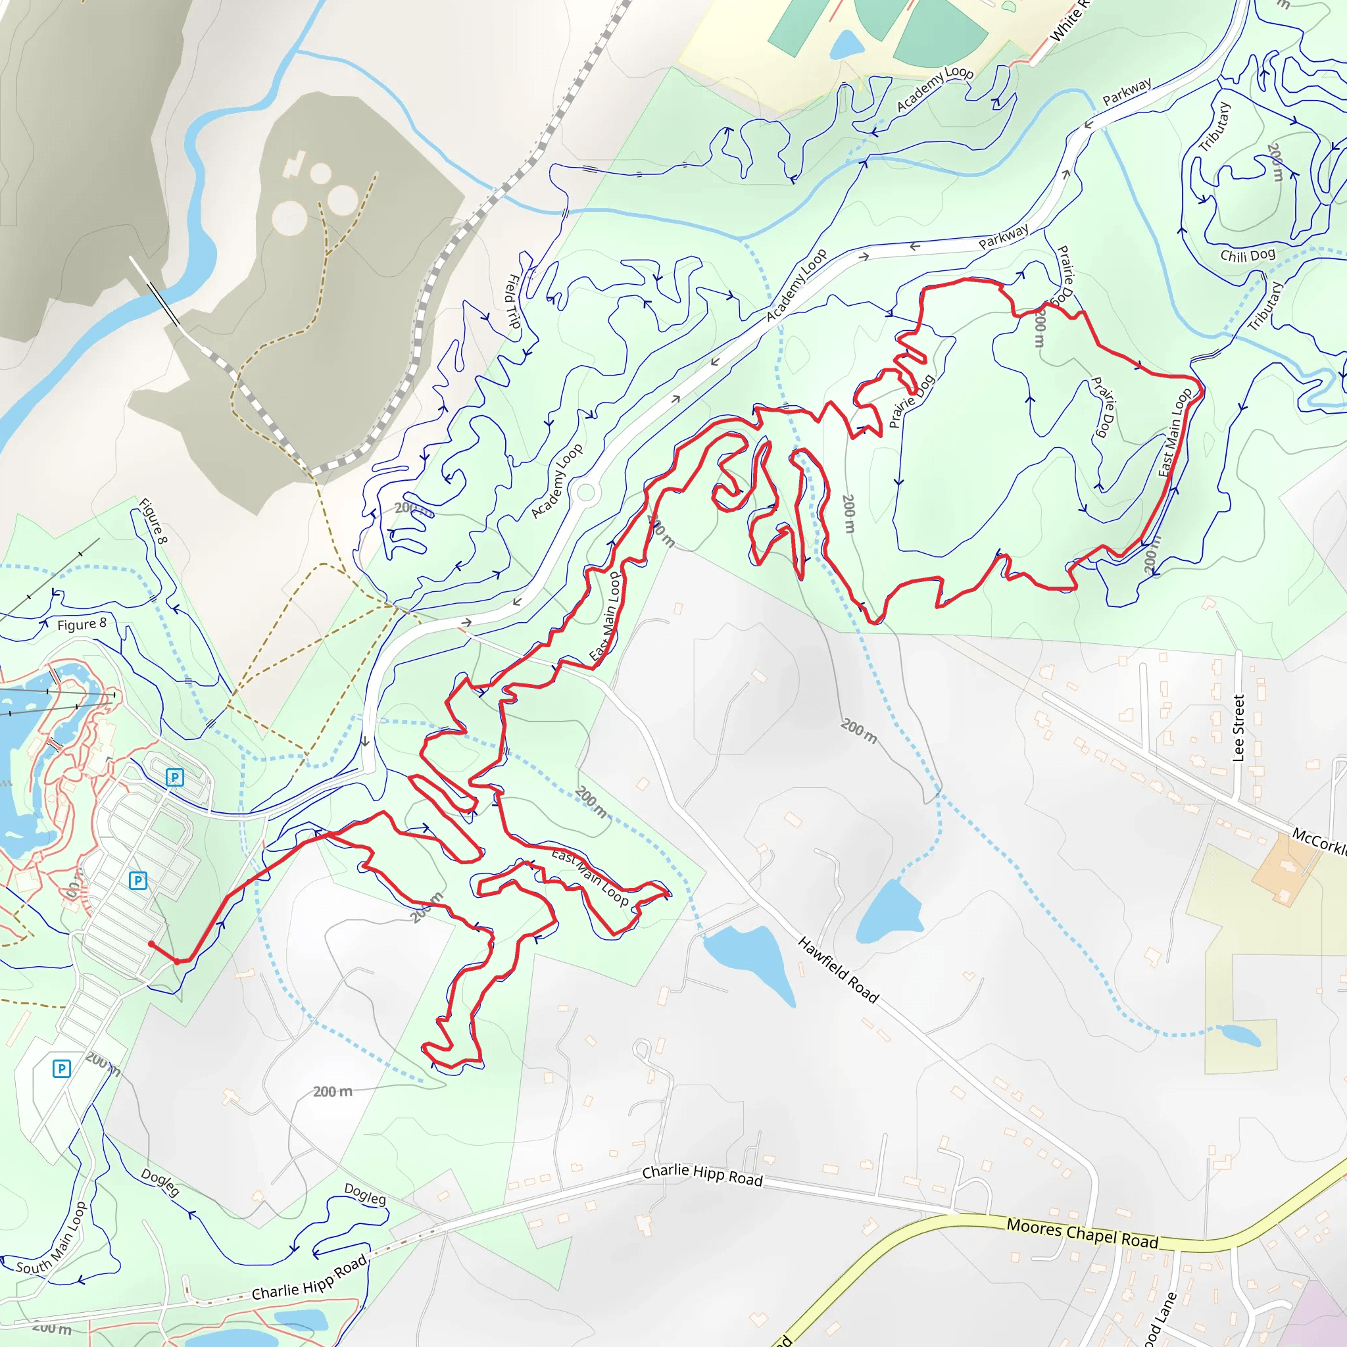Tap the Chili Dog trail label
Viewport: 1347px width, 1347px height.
(1247, 255)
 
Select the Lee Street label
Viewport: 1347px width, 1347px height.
(1238, 728)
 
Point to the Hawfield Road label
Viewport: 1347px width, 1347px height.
(838, 969)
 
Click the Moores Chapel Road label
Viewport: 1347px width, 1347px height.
(1082, 1233)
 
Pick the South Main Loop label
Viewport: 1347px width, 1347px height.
(53, 1238)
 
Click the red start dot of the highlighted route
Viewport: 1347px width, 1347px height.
(151, 944)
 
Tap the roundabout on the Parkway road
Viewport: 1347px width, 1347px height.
(585, 493)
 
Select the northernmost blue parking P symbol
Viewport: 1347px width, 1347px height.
(174, 777)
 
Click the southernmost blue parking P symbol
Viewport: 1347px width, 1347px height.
(61, 1068)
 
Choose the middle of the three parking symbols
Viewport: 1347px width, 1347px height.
(138, 881)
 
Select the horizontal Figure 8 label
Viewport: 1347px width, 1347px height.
(82, 624)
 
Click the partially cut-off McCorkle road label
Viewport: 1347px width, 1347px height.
(1319, 841)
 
